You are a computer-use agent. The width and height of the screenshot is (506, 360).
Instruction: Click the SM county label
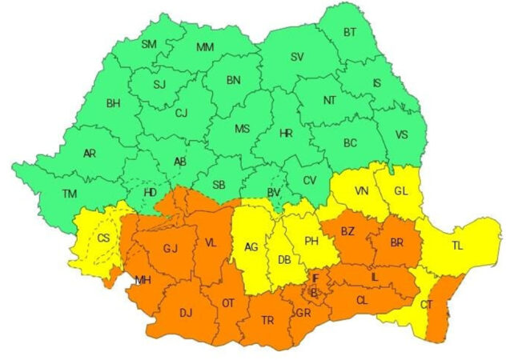click(149, 44)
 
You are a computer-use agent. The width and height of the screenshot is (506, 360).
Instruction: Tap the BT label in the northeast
click(350, 33)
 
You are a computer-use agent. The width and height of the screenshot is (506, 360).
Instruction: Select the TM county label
click(70, 194)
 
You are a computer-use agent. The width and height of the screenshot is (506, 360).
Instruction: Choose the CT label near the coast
click(426, 305)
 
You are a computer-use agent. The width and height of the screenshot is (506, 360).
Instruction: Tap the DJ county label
click(186, 312)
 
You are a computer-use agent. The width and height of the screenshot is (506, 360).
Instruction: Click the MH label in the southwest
click(143, 280)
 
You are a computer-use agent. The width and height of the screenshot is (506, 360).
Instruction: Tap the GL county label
click(400, 190)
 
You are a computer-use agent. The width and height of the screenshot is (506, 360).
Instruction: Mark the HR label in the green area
click(285, 134)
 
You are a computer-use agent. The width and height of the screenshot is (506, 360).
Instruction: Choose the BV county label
click(274, 192)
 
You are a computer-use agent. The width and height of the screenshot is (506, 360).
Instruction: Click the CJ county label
click(181, 113)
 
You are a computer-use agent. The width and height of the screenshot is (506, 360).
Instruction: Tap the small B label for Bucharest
click(315, 292)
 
